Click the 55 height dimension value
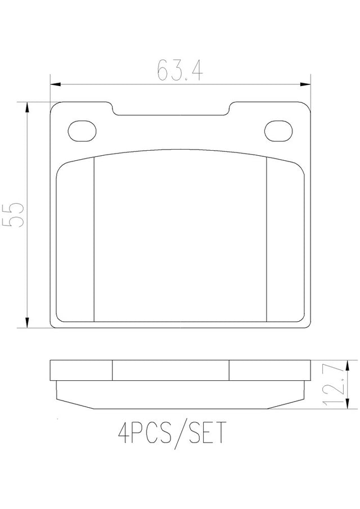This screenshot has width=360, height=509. tap(13, 215)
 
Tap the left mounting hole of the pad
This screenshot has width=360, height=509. tap(83, 131)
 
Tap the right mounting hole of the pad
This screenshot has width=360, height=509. tap(278, 131)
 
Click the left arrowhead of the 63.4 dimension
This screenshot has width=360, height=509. tap(56, 84)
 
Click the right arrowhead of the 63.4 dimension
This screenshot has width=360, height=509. tap(305, 84)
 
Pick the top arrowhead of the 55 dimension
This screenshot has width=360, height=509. tap(28, 108)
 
